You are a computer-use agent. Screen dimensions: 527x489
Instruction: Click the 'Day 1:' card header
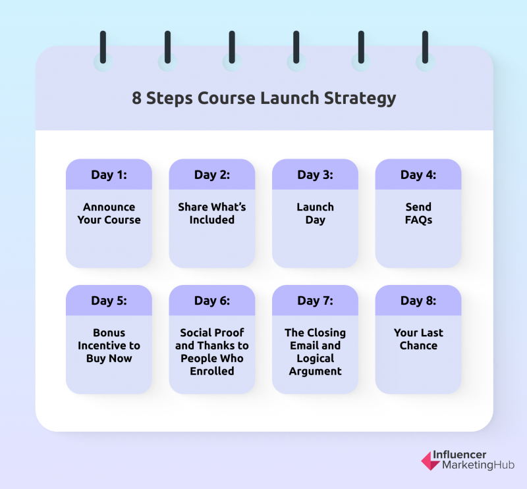(109, 174)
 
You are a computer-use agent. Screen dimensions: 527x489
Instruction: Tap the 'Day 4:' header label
(418, 174)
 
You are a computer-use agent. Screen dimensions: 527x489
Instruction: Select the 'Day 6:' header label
(212, 301)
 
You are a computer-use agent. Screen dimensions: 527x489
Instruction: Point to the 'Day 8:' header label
(418, 301)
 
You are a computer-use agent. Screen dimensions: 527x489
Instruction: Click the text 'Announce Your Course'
(109, 213)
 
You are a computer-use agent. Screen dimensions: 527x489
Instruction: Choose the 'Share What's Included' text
(212, 213)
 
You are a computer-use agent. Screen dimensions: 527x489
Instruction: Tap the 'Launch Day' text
(316, 214)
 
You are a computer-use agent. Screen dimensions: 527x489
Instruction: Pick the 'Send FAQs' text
(418, 213)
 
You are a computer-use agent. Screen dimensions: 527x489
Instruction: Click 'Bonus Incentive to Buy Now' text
(109, 346)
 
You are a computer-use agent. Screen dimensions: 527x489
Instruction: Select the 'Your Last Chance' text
(418, 339)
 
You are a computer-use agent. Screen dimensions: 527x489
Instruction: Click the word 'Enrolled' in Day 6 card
(212, 371)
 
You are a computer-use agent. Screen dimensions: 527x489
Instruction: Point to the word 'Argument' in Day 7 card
(316, 371)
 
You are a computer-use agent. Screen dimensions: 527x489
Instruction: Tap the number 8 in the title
(136, 98)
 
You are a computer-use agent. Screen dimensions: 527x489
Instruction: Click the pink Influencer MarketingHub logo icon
(430, 461)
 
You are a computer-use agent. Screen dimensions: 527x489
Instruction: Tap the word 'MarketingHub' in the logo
(478, 465)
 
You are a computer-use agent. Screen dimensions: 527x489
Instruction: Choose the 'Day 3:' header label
(316, 174)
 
